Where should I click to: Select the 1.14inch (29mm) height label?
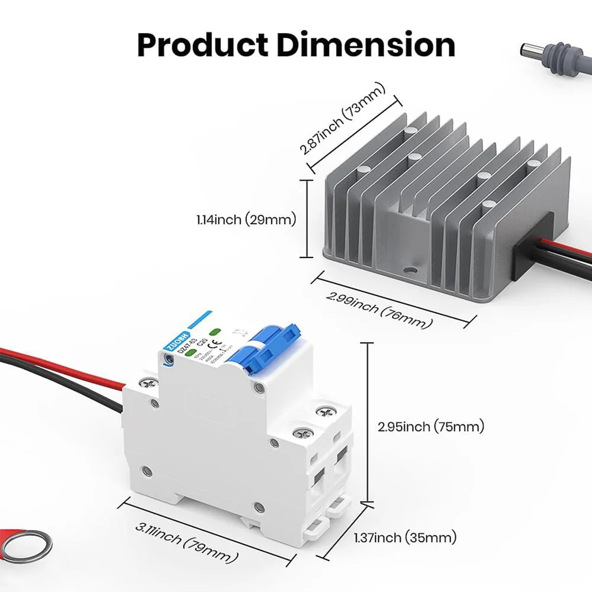click(x=246, y=220)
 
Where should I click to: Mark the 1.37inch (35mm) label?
click(x=405, y=538)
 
